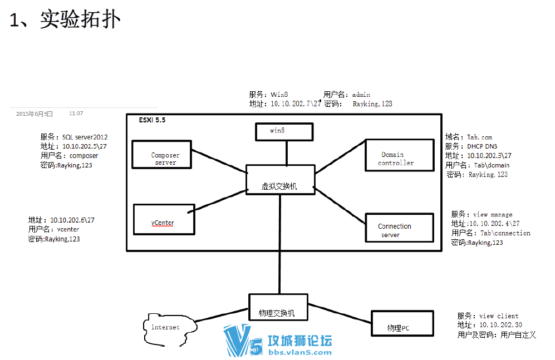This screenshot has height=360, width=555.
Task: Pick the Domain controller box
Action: click(x=399, y=155)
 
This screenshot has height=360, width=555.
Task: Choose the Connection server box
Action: click(x=399, y=228)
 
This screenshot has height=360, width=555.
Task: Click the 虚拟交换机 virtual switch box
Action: click(x=279, y=179)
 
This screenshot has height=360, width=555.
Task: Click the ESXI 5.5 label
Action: click(x=152, y=120)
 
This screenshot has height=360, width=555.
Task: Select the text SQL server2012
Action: click(x=85, y=137)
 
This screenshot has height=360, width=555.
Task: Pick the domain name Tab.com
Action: click(x=480, y=137)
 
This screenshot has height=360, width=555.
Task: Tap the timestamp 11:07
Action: click(x=76, y=113)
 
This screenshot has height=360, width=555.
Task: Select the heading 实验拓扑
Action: click(x=80, y=20)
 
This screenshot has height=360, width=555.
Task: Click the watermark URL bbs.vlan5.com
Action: click(x=300, y=352)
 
